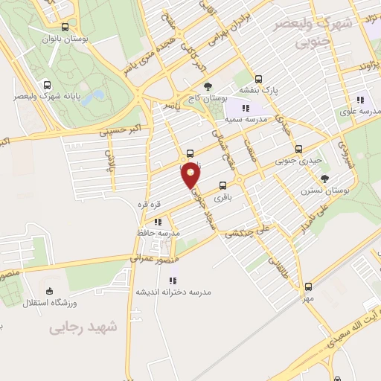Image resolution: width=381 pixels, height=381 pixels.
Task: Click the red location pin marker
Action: tap(191, 174)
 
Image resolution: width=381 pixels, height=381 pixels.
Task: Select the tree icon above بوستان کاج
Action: tap(208, 86)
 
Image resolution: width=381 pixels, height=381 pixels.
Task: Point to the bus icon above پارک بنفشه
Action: tap(258, 78)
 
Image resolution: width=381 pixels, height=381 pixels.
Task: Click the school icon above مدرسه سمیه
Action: tap(245, 108)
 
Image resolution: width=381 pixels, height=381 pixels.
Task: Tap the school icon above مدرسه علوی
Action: tap(361, 99)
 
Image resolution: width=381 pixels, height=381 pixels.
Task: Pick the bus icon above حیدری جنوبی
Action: tap(299, 148)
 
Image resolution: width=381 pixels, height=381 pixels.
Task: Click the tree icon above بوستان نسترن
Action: tap(324, 178)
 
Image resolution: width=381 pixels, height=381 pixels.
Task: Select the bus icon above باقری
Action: tap(222, 186)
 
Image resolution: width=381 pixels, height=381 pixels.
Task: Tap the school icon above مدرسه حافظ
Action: tap(157, 221)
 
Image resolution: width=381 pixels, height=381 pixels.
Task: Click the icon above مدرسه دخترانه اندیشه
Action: tap(173, 281)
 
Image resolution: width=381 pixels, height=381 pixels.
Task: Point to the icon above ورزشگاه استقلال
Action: tap(49, 291)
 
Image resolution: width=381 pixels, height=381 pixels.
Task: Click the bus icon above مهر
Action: tap(308, 286)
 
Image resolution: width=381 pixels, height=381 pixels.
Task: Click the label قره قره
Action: tap(149, 204)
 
